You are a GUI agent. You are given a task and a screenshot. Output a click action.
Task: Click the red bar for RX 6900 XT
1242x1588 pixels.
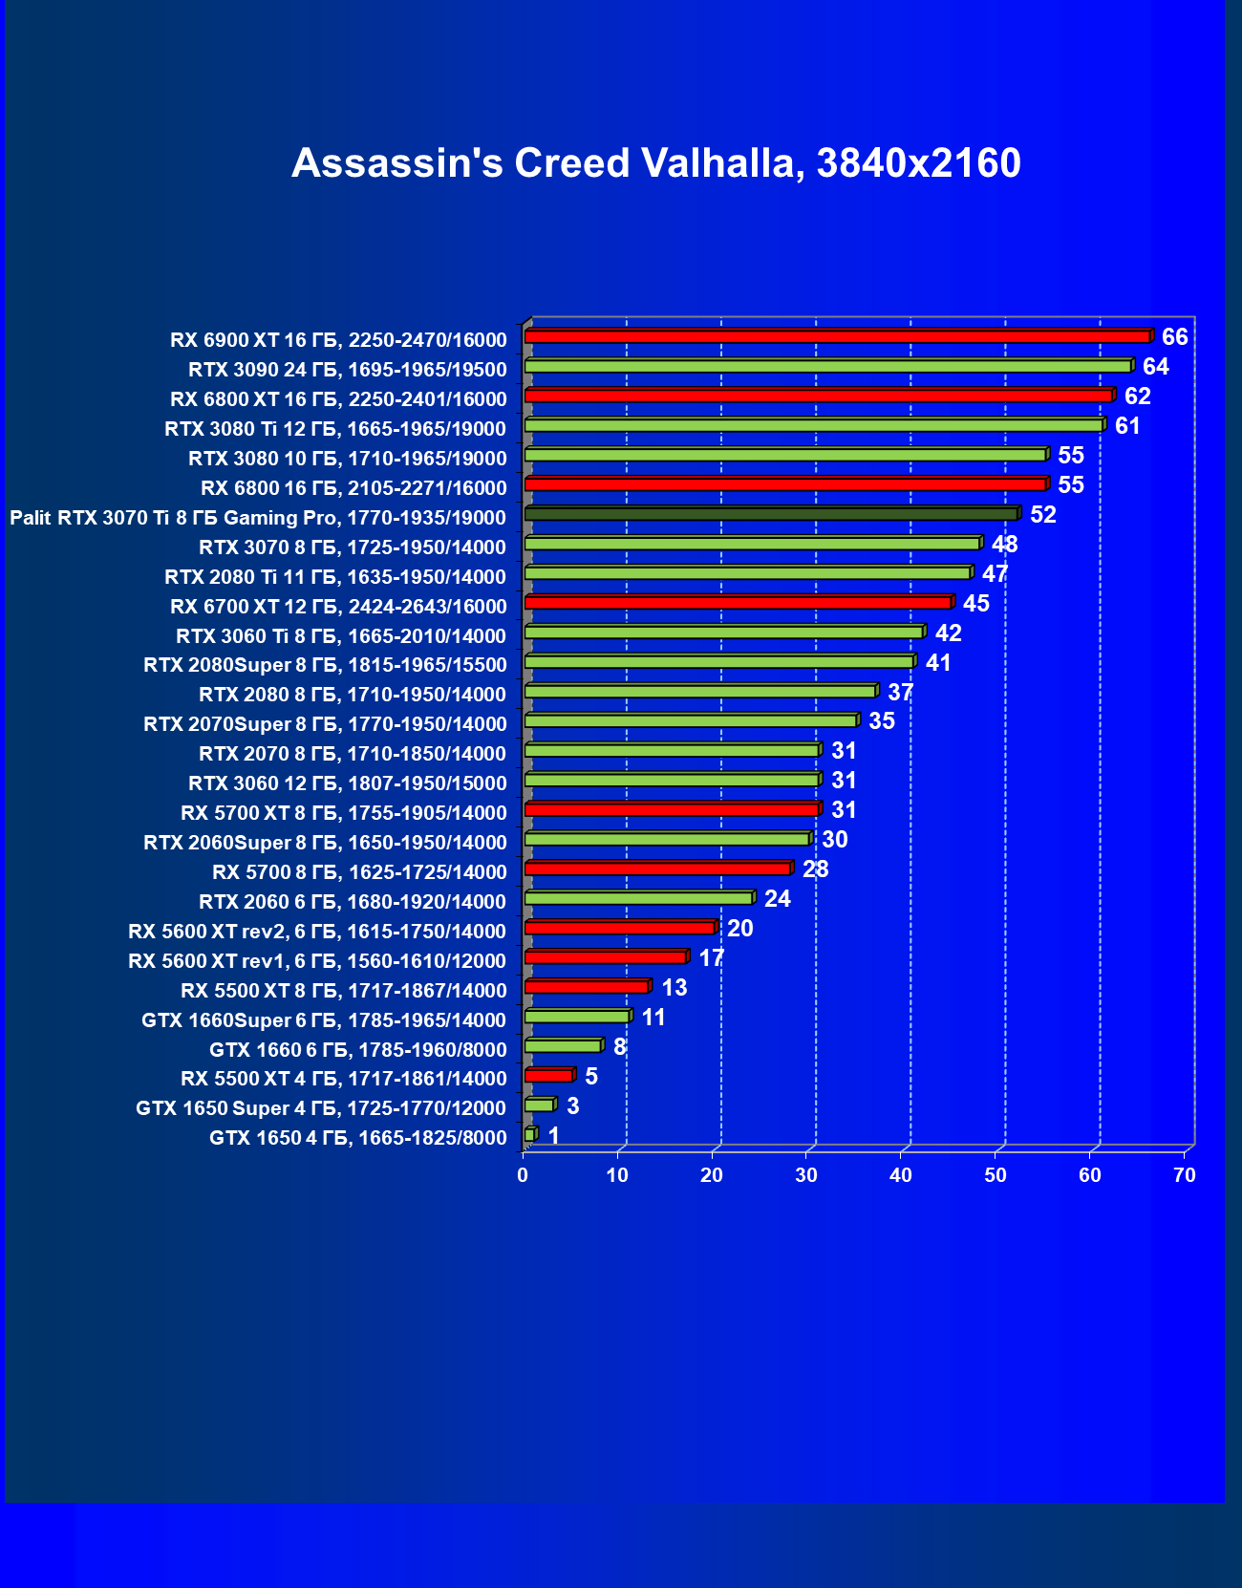click(x=837, y=336)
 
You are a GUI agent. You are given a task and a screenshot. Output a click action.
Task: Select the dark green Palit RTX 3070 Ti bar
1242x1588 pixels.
click(x=771, y=514)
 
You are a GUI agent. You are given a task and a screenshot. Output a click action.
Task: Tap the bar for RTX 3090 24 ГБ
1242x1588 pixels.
click(x=827, y=366)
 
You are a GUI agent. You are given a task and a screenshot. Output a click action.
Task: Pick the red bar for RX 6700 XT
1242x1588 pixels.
click(x=738, y=603)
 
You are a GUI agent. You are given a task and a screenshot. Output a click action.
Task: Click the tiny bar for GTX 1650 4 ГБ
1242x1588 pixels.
click(x=530, y=1134)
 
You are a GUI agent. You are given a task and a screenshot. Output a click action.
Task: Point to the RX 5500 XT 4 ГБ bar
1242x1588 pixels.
click(x=548, y=1076)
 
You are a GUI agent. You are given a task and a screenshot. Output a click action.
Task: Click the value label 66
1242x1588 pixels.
click(x=1174, y=336)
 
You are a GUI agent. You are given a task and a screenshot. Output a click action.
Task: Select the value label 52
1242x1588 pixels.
click(x=1042, y=514)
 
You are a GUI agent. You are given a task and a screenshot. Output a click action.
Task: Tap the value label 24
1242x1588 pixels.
click(x=777, y=898)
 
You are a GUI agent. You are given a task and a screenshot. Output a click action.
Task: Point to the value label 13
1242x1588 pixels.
click(x=674, y=987)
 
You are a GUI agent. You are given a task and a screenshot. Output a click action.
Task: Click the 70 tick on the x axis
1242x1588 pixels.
click(x=1185, y=1175)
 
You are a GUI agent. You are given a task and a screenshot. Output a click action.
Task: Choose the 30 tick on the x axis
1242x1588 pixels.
click(x=806, y=1175)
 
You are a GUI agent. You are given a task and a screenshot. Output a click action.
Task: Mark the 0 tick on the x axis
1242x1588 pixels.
click(x=523, y=1175)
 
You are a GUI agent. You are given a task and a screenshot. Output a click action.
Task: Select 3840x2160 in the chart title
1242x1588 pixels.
click(x=919, y=163)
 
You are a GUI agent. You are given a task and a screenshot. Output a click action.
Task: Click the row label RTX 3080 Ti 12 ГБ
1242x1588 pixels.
click(x=335, y=428)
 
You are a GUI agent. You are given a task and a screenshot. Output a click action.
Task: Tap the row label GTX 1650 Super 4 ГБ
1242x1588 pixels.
click(x=321, y=1107)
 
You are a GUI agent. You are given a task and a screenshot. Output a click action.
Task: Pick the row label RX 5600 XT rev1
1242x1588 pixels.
click(x=317, y=960)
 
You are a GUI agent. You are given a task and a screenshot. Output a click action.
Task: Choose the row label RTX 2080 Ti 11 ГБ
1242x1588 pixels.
click(x=335, y=576)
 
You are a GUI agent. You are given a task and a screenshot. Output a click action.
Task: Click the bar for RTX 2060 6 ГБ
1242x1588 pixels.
click(x=638, y=898)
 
